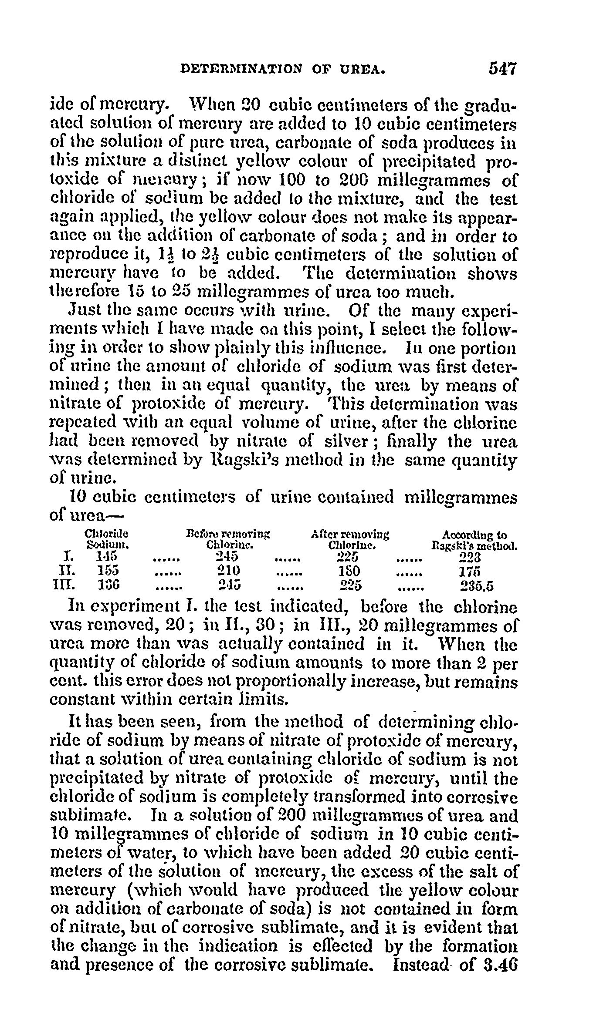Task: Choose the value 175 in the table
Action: tap(470, 572)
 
